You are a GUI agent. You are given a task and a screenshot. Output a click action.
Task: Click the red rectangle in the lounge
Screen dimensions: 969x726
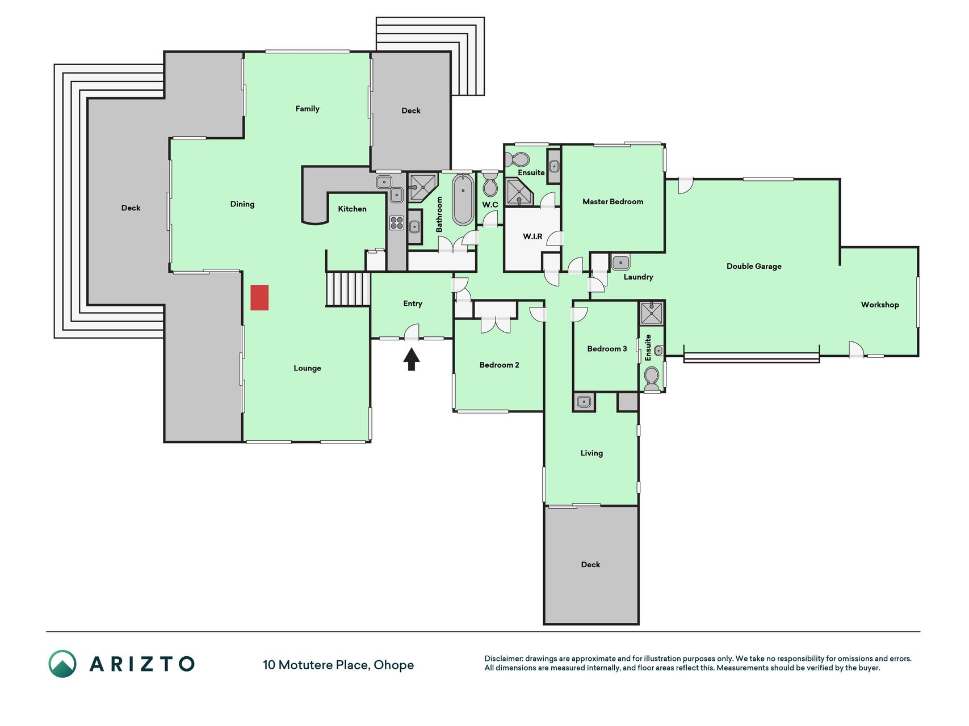pos(259,298)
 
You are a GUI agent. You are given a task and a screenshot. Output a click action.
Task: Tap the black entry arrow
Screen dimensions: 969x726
pos(412,360)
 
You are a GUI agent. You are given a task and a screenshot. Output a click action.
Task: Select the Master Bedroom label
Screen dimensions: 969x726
pos(613,201)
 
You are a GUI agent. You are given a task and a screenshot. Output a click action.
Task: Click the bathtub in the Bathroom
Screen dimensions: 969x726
pos(463,200)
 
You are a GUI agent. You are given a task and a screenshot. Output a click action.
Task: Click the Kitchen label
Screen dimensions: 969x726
pos(353,209)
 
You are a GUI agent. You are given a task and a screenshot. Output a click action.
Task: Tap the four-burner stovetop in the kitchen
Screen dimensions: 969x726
pos(397,222)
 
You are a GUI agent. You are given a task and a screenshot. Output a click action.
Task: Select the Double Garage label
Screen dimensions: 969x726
pos(754,266)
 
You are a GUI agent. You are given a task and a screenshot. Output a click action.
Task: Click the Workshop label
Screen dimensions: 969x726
pos(880,305)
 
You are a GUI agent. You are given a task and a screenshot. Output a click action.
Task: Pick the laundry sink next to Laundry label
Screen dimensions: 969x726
pos(620,263)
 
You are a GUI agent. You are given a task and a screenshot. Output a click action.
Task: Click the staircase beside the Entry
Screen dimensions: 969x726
pos(348,289)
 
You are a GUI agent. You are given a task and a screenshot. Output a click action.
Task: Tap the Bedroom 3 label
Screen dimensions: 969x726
pos(607,349)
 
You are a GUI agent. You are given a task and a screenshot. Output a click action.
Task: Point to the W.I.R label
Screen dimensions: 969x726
pos(532,237)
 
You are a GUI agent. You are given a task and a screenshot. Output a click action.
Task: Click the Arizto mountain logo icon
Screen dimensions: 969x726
pos(62,664)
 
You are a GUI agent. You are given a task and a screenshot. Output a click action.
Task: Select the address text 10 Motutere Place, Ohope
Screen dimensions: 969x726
pos(338,665)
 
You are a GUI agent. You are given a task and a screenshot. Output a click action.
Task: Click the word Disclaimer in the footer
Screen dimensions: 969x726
pos(504,659)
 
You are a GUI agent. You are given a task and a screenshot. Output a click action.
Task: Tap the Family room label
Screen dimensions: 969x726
pos(307,108)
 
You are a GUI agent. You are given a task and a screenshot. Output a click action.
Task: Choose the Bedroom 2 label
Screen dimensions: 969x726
pos(499,365)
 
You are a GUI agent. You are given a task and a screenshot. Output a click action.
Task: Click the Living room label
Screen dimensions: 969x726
pos(592,453)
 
